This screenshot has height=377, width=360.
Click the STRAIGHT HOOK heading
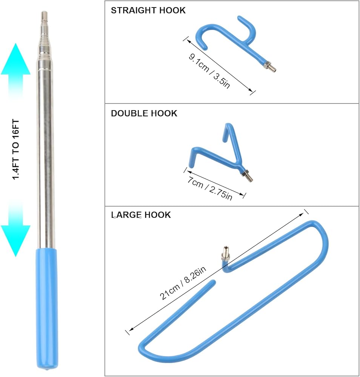tap(148, 11)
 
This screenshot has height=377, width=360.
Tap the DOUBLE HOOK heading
tap(144, 113)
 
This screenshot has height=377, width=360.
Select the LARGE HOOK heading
tap(141, 215)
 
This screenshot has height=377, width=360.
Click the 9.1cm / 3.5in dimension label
tap(209, 70)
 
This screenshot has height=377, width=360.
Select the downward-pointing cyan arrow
tap(15, 232)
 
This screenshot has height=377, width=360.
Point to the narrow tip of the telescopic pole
tap(44, 17)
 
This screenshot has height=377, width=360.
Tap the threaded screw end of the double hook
tap(245, 175)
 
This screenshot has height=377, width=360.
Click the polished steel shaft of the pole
tap(46, 151)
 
